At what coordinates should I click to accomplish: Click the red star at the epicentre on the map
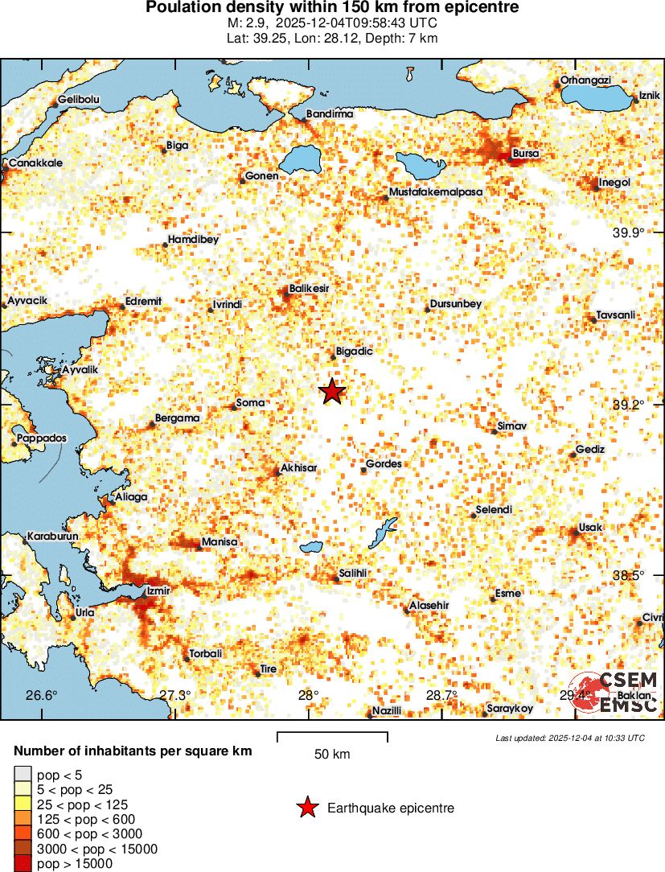tap(332, 392)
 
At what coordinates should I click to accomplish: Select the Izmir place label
tap(158, 591)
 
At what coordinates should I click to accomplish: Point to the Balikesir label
tap(309, 287)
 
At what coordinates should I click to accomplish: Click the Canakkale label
tap(35, 162)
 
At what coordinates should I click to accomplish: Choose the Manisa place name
tap(220, 541)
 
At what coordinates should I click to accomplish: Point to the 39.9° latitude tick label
tap(628, 232)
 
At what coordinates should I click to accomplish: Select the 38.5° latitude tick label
tap(628, 575)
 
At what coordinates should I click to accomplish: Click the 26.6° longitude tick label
tap(42, 696)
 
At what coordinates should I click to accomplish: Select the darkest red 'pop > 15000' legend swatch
tap(23, 864)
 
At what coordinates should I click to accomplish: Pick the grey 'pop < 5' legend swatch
tap(23, 775)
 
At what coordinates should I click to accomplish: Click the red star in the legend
tap(306, 808)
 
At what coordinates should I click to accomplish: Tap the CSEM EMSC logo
tap(617, 692)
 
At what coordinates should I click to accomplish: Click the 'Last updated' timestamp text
tap(569, 738)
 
